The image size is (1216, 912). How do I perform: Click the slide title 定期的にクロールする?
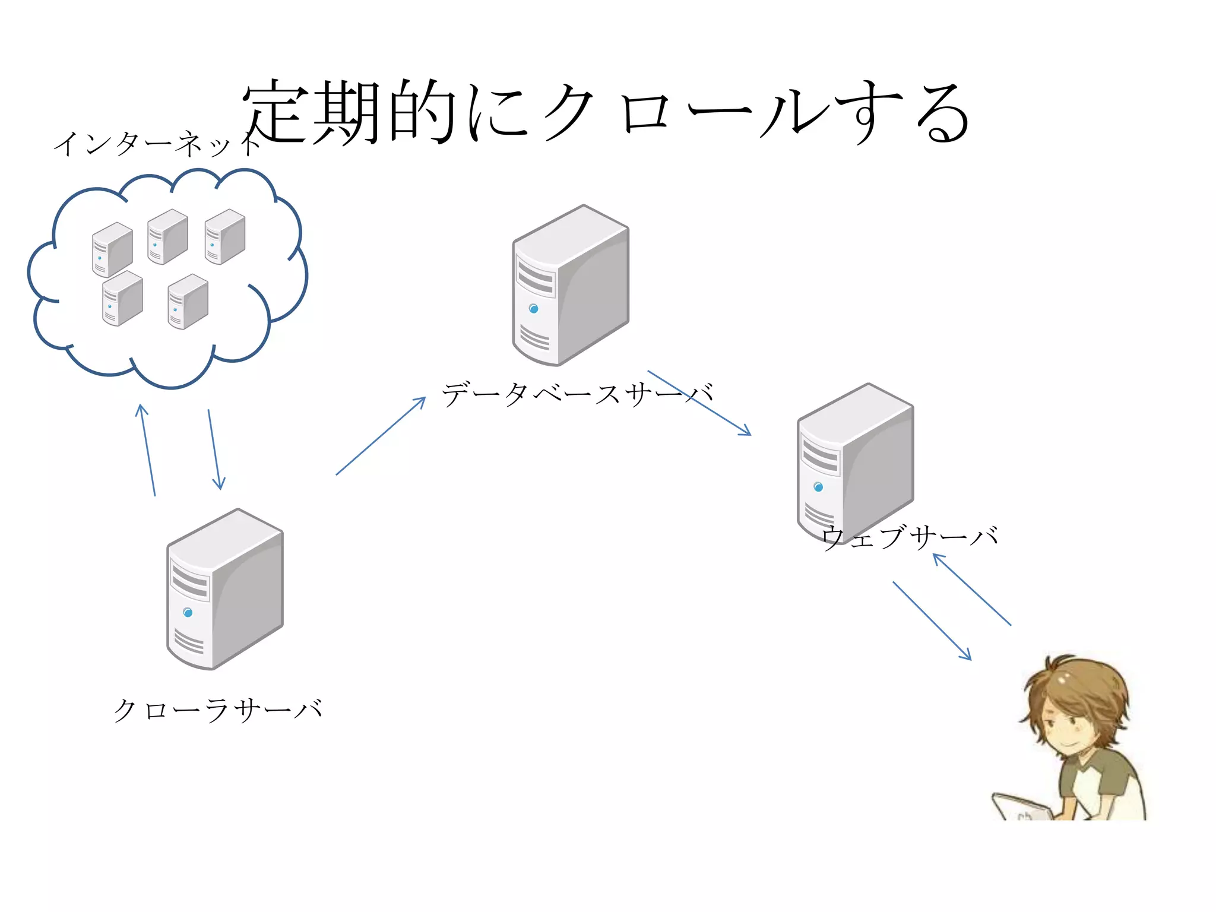coord(606,113)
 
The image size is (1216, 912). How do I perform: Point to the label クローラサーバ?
coord(217,710)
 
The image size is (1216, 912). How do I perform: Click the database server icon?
coord(570,285)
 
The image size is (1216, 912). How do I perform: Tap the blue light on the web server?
coord(818,487)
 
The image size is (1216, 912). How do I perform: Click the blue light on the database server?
coord(533,309)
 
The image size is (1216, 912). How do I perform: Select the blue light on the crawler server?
coord(188,612)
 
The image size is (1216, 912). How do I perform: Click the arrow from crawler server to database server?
coord(381,436)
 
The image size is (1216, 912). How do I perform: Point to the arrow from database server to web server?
coord(699,403)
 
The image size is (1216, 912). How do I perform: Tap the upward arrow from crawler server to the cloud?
coord(147,449)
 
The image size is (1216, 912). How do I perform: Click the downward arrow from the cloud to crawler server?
coord(215,449)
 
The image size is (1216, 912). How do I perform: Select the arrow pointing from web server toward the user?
coord(932,620)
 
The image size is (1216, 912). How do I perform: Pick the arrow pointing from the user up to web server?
coord(972,590)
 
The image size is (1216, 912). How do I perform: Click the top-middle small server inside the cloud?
coord(167,236)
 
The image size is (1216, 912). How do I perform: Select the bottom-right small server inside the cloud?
coord(188,302)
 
